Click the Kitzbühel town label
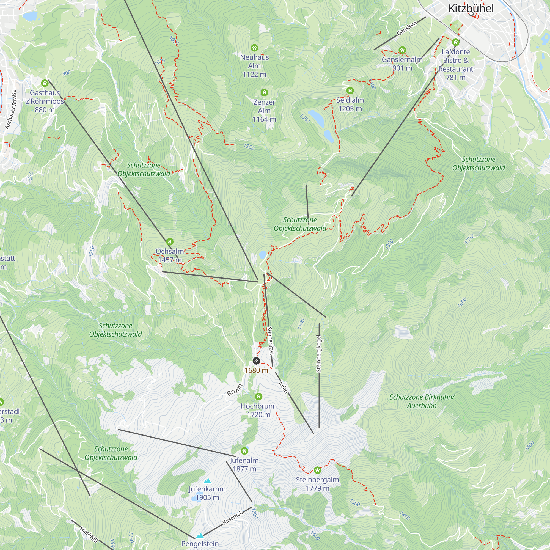471,9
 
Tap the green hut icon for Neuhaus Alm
254,48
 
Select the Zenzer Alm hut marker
264,92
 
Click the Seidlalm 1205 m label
350,104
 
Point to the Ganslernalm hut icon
402,50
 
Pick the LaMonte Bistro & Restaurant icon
455,42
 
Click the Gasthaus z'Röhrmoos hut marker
45,83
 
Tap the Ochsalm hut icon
170,242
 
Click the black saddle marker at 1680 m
256,361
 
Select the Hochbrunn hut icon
258,397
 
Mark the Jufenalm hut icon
244,451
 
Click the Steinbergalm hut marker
317,470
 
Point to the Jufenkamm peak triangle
207,481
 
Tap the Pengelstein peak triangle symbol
200,536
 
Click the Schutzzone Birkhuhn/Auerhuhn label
422,401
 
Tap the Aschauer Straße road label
11,109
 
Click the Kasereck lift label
233,518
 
